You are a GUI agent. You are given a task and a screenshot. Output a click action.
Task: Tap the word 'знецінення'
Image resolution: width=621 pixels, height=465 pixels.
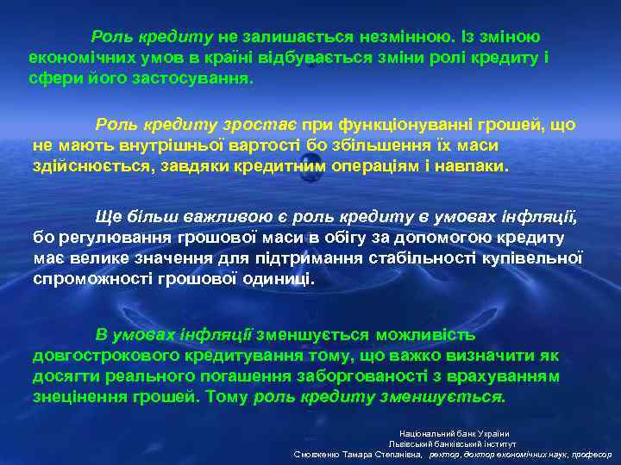click(x=81, y=396)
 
